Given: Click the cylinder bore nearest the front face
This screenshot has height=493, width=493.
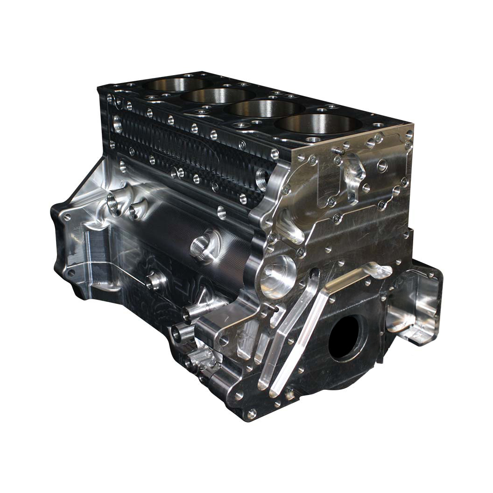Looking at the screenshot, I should [x=319, y=124].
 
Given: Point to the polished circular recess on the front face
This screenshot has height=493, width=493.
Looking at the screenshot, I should [x=278, y=276].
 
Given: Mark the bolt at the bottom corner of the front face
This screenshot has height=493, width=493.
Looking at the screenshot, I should [x=252, y=414].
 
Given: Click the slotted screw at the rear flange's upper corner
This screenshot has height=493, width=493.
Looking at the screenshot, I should [x=67, y=217].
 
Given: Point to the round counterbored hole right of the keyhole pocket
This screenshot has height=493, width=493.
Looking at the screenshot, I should [x=382, y=164].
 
